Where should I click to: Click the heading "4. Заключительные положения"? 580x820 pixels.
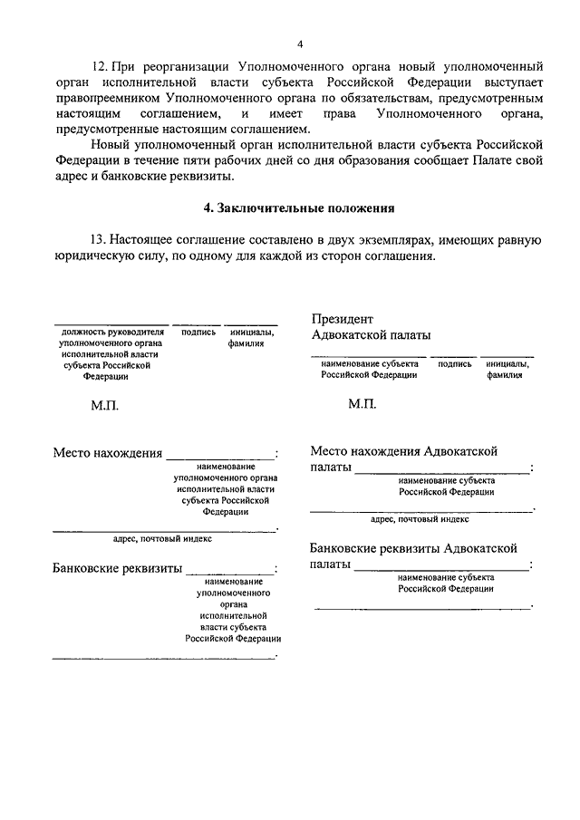(x=299, y=207)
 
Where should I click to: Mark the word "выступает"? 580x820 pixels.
(x=510, y=82)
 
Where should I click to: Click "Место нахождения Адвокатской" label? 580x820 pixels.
(x=404, y=450)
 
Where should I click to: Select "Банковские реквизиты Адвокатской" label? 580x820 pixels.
(x=413, y=548)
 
